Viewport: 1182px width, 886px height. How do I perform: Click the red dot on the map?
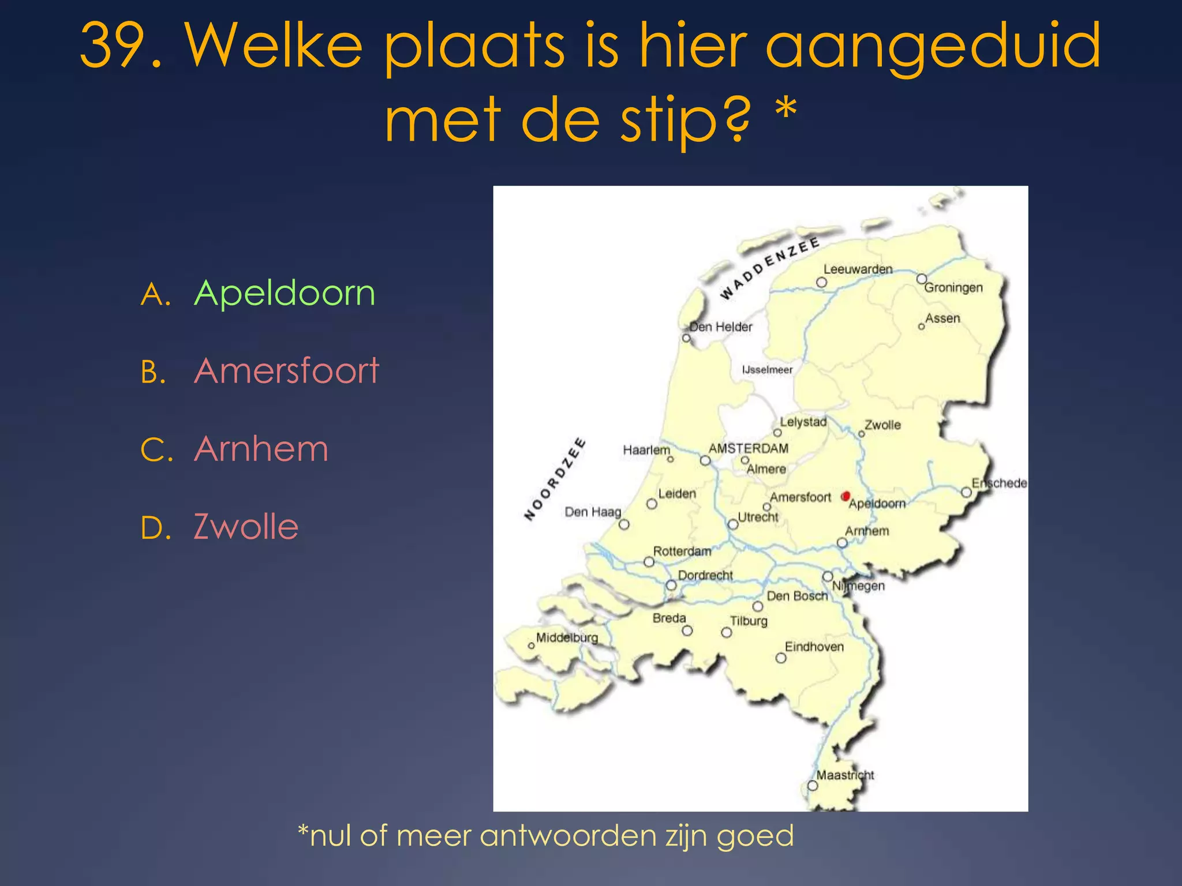point(846,496)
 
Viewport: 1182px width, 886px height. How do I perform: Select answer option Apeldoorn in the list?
point(285,293)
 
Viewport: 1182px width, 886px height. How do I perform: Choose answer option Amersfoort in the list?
point(286,370)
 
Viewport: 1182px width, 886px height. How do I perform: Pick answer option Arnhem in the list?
point(261,449)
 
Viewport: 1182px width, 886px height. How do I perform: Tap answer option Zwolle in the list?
point(246,527)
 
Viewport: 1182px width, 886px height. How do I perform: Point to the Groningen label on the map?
point(953,287)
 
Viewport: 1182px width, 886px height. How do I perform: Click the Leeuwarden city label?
point(858,269)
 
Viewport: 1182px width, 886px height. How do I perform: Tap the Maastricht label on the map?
point(845,775)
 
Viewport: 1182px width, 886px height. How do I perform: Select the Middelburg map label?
point(567,637)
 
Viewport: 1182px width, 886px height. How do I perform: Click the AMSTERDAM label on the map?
point(748,448)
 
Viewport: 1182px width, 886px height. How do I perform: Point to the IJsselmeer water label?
point(767,370)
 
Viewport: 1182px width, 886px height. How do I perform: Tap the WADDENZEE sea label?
point(769,268)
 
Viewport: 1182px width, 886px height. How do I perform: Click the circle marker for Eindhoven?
point(781,658)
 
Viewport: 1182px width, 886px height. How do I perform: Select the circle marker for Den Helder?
point(686,338)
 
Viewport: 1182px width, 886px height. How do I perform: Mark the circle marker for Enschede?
point(966,492)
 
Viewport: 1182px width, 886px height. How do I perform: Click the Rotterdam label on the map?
point(682,551)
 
